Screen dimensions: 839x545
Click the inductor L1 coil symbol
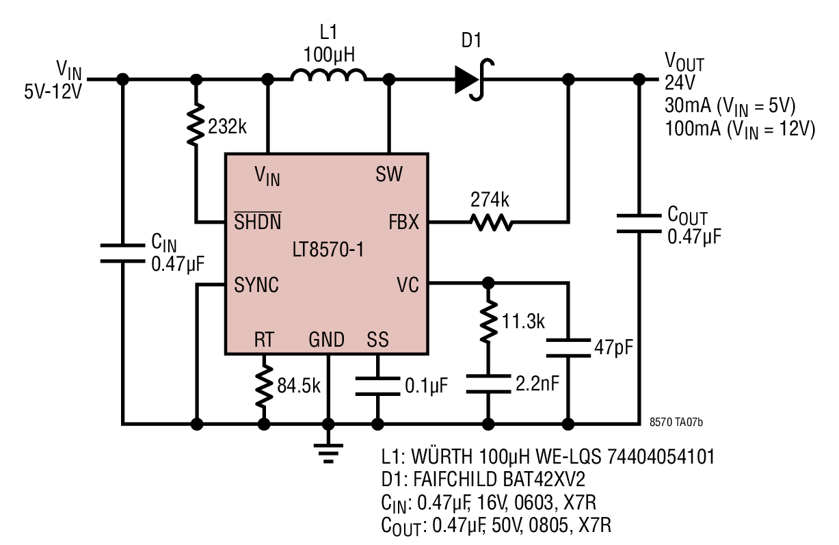(328, 75)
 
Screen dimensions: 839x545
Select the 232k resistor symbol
(196, 124)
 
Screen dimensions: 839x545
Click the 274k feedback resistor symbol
(491, 222)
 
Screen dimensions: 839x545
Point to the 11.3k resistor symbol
(488, 321)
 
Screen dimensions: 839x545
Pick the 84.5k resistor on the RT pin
(264, 386)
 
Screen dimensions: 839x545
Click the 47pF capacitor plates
(568, 348)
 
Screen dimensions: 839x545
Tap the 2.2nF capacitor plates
(488, 384)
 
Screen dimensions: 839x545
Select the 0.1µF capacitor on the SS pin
(377, 386)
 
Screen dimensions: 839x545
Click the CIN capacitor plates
(122, 253)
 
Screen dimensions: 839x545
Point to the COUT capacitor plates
(639, 224)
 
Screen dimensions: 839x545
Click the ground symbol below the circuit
(328, 453)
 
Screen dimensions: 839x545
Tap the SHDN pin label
(257, 221)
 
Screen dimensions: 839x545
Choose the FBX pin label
(403, 222)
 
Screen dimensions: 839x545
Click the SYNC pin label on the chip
(256, 285)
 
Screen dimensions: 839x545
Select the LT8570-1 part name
(328, 250)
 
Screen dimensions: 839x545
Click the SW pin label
(389, 174)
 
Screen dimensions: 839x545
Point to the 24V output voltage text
(680, 83)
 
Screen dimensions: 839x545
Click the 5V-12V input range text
(53, 92)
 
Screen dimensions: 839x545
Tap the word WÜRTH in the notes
(442, 456)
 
